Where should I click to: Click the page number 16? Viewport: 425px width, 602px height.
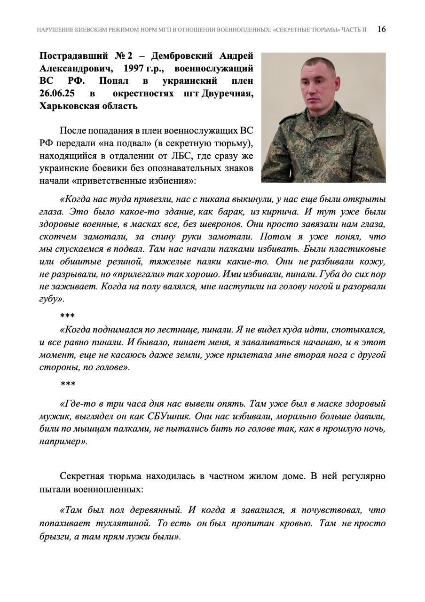coord(382,29)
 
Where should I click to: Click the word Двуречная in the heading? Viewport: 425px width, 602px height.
coord(228,93)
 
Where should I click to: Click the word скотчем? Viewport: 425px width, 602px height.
coord(56,237)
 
